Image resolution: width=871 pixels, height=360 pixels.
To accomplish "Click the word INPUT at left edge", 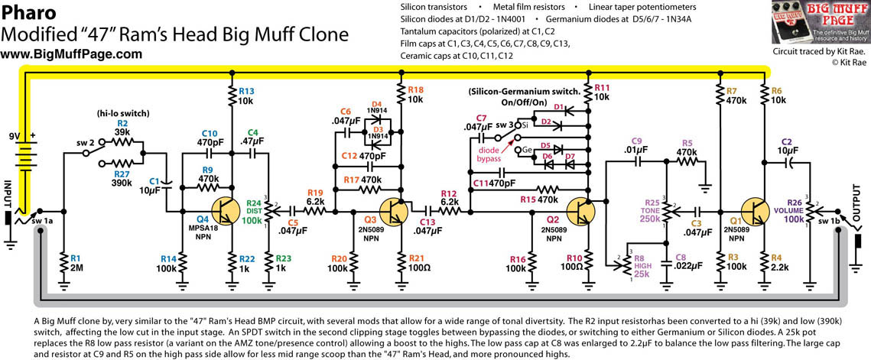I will (x=8, y=192).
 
